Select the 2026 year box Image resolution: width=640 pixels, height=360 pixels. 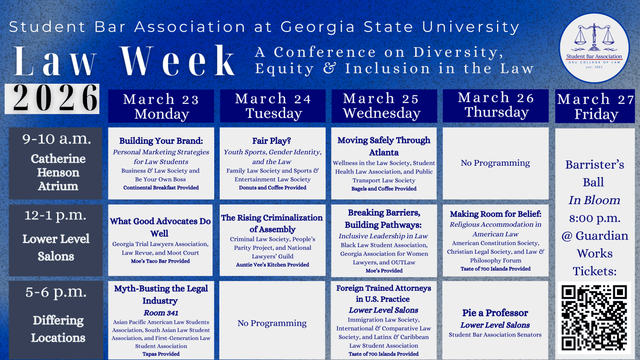[52, 99]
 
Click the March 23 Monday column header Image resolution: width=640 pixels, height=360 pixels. [161, 107]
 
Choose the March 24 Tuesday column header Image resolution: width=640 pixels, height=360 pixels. [273, 106]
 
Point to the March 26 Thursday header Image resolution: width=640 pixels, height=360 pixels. [495, 105]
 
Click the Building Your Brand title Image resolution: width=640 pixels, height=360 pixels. [161, 141]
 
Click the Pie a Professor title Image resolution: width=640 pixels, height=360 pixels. [495, 313]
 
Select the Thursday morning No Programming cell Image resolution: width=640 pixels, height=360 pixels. [495, 163]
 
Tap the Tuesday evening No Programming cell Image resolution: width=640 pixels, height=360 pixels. [272, 323]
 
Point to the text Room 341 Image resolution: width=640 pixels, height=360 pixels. [161, 313]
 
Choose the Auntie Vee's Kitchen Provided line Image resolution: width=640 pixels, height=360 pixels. [272, 265]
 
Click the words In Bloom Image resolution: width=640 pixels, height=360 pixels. [594, 200]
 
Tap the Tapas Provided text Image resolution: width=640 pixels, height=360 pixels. [161, 354]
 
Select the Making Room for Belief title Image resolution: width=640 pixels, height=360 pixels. [495, 214]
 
